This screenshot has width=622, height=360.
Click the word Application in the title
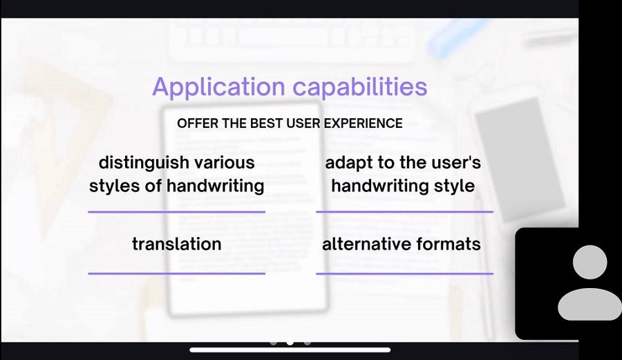click(x=218, y=87)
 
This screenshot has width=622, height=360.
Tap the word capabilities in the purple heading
click(x=360, y=86)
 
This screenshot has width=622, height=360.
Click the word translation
click(x=176, y=244)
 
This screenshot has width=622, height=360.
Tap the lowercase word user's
click(x=456, y=162)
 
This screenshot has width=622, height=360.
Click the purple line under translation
click(x=176, y=273)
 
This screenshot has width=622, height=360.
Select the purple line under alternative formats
click(x=404, y=273)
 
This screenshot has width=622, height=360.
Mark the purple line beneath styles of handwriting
click(x=176, y=211)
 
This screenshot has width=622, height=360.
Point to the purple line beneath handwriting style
click(x=404, y=211)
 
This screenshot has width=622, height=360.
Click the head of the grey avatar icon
click(x=590, y=262)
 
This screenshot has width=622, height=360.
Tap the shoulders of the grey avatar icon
click(x=590, y=305)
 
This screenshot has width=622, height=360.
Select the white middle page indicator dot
click(x=290, y=342)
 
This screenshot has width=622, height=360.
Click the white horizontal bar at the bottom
click(x=290, y=350)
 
